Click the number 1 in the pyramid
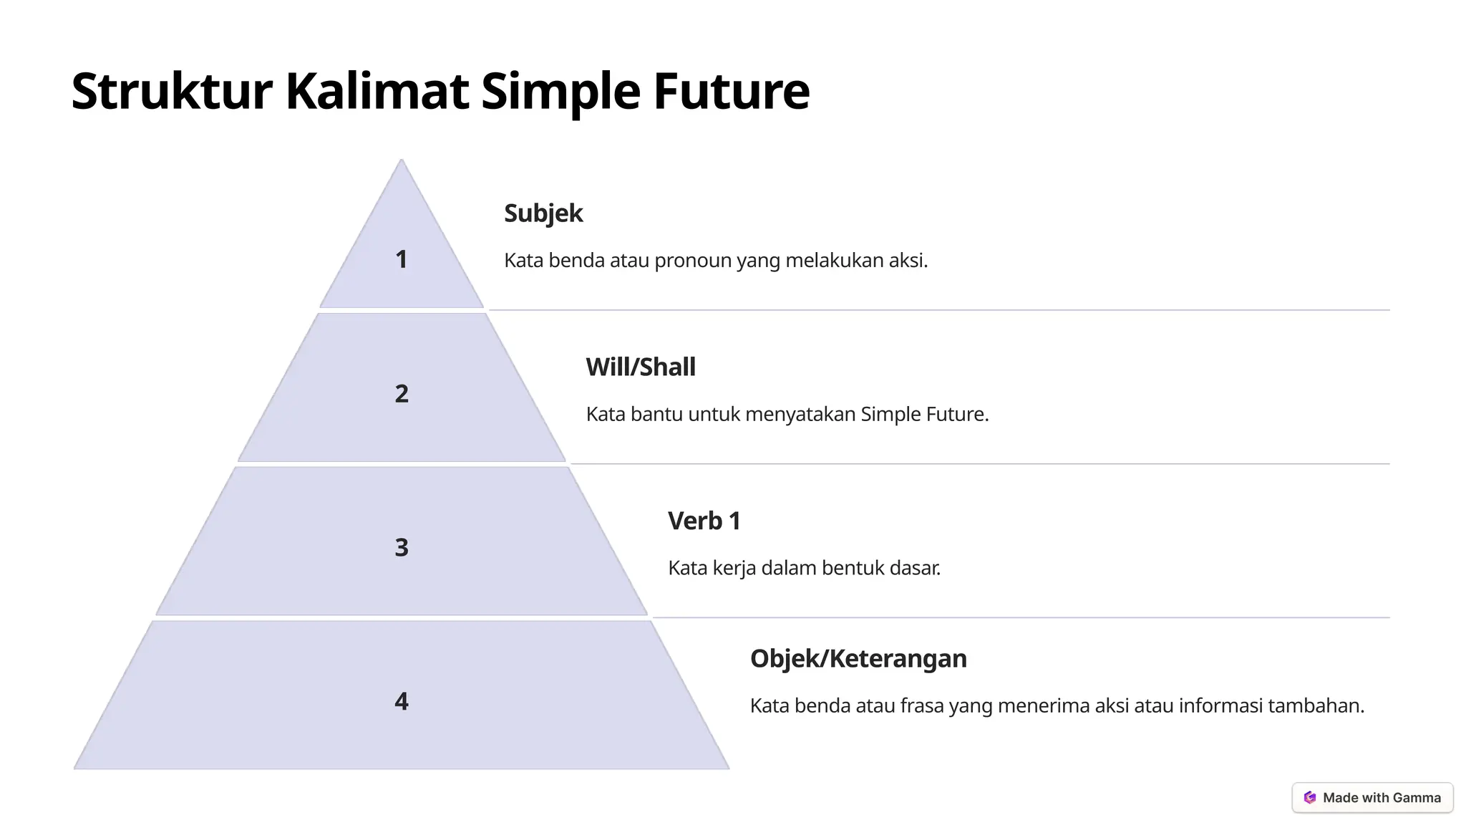401,259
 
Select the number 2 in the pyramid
402,393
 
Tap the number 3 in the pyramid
402,547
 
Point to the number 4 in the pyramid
402,700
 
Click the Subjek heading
543,213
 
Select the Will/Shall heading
641,367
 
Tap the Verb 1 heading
704,521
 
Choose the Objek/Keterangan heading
858,659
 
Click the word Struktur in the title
172,91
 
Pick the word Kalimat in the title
377,91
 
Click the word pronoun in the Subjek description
693,261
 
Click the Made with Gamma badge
1372,798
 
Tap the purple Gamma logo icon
1310,798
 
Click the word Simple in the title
560,91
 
